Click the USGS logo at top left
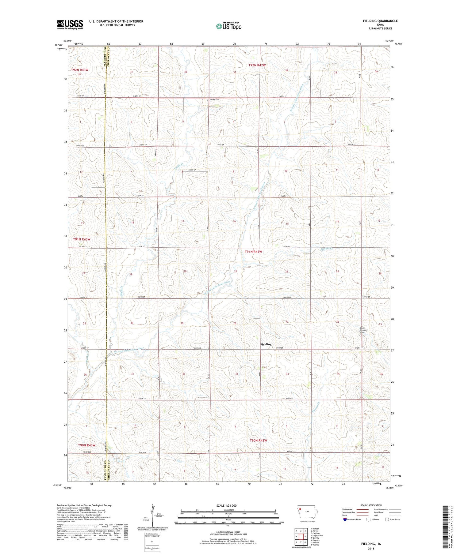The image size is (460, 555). point(70,24)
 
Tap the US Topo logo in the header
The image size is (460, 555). point(228,26)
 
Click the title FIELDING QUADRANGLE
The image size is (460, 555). point(380,21)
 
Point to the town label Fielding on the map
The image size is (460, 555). point(266,344)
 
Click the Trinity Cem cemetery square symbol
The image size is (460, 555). point(207,100)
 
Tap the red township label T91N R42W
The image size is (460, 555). point(253,252)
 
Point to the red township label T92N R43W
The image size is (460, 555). point(80,70)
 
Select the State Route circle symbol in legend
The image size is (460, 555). point(387,519)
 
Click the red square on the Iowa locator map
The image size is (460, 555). point(300,510)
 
